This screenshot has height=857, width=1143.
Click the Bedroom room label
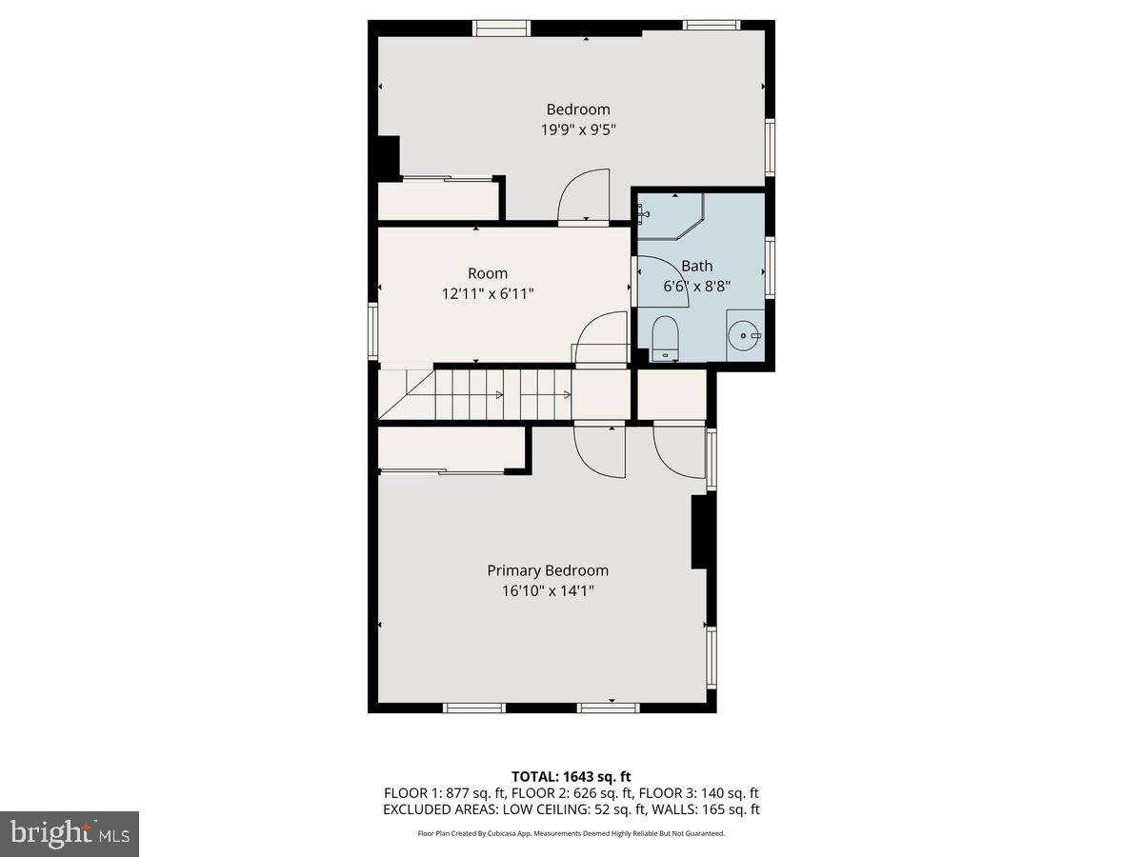click(577, 110)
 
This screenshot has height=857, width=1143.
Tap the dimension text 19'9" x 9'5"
click(577, 130)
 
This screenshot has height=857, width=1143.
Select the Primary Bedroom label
click(548, 570)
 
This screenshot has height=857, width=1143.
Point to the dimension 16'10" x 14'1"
click(548, 591)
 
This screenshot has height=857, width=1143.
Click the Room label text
click(487, 273)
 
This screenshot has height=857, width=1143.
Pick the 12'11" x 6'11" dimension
click(487, 294)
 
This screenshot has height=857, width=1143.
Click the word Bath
click(696, 267)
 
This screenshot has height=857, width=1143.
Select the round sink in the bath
click(744, 336)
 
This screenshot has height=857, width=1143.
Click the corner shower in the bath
click(671, 217)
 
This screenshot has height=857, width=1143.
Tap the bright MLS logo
click(69, 834)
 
